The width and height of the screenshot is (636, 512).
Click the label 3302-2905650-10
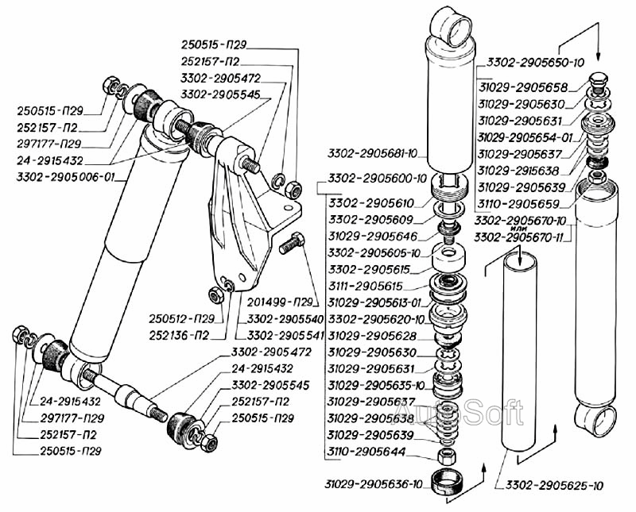tap(536, 62)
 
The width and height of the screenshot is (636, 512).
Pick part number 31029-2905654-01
tap(526, 137)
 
